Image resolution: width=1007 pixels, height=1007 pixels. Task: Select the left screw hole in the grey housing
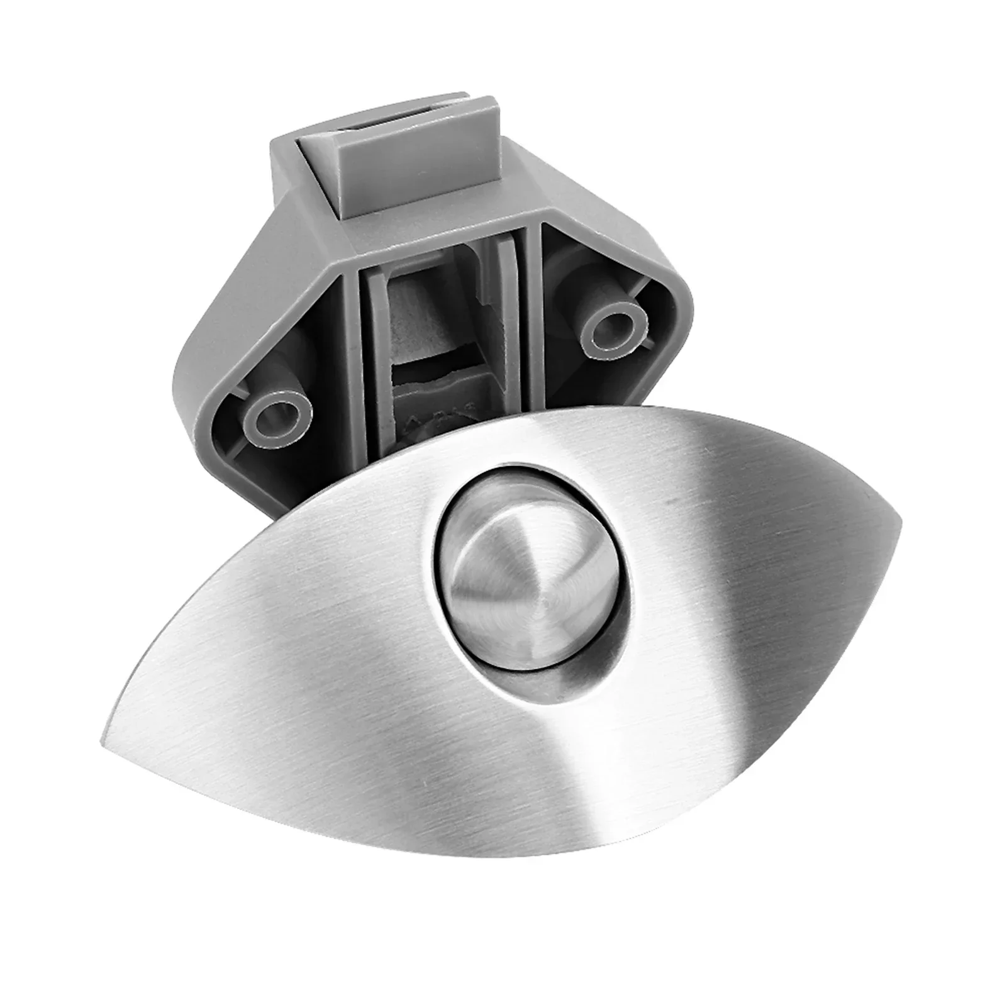277,415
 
